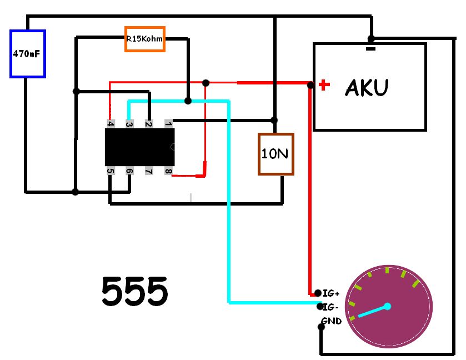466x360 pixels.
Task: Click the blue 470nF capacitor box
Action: pyautogui.click(x=27, y=54)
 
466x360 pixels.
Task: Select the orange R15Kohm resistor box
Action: pyautogui.click(x=144, y=39)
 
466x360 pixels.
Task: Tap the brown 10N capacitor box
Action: pyautogui.click(x=275, y=154)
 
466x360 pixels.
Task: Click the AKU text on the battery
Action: pyautogui.click(x=367, y=88)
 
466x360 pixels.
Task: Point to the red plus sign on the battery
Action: pyautogui.click(x=324, y=85)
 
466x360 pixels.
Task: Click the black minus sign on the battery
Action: pyautogui.click(x=371, y=49)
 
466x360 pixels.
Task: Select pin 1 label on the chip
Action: pyautogui.click(x=168, y=123)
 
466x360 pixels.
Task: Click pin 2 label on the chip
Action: pyautogui.click(x=148, y=123)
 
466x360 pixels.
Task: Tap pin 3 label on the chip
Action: pyautogui.click(x=129, y=123)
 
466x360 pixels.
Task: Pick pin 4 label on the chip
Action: pyautogui.click(x=111, y=123)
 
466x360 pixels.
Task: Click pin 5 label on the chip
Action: pyautogui.click(x=111, y=171)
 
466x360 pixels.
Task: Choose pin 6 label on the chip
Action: pyautogui.click(x=129, y=171)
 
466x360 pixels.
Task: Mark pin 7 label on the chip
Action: pyautogui.click(x=148, y=171)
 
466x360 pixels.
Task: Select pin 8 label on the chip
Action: pyautogui.click(x=168, y=171)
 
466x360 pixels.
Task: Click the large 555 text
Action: pyautogui.click(x=134, y=291)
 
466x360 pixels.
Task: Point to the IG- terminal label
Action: pyautogui.click(x=331, y=307)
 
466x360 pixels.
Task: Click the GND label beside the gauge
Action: pyautogui.click(x=332, y=321)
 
